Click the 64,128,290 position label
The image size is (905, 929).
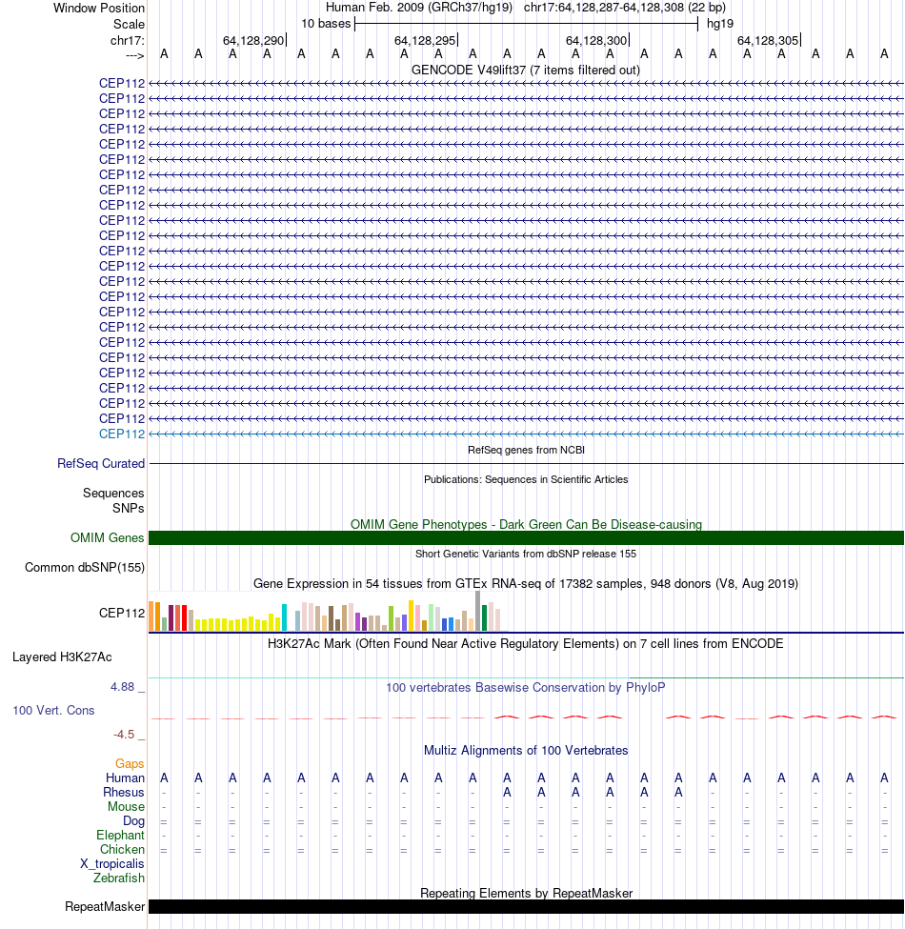[253, 40]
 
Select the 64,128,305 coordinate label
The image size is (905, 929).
[768, 40]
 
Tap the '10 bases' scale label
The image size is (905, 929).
[326, 24]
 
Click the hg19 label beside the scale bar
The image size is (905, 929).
[719, 24]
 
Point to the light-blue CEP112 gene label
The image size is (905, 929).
[122, 434]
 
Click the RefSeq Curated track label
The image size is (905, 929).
[101, 463]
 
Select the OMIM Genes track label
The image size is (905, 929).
[108, 538]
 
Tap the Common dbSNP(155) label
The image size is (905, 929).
[84, 568]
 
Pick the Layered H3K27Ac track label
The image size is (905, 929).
[62, 656]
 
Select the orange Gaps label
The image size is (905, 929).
[130, 763]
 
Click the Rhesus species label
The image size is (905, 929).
[124, 792]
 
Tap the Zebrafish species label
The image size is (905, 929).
[119, 878]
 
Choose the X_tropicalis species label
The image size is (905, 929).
[112, 863]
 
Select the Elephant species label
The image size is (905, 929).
[120, 835]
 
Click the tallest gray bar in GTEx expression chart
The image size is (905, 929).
[478, 611]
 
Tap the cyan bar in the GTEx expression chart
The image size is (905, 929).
[285, 617]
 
